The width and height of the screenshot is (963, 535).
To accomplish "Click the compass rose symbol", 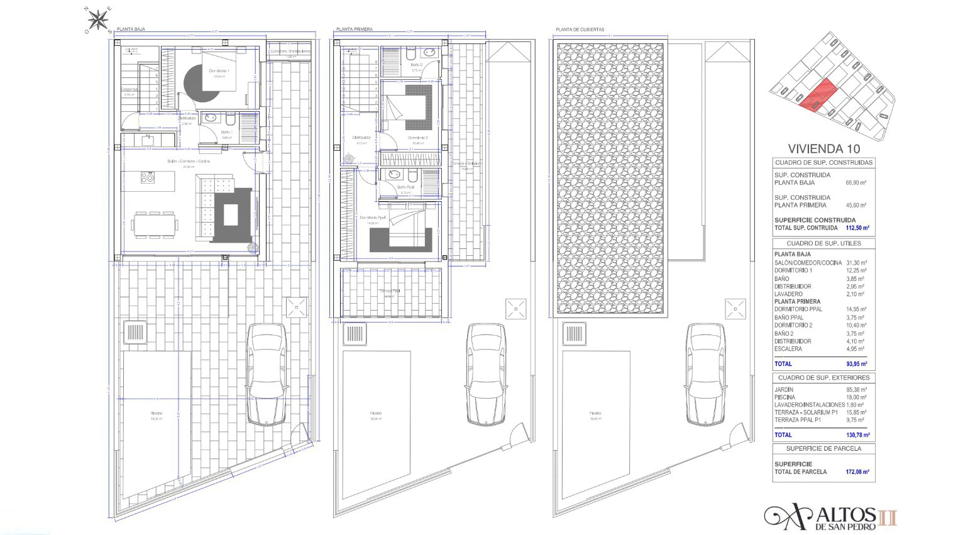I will tap(98, 21).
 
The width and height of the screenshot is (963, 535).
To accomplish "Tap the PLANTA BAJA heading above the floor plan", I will tap(131, 29).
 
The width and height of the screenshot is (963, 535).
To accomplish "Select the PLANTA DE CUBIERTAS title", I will tap(580, 29).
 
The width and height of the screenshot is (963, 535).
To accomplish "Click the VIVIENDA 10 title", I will tap(823, 149).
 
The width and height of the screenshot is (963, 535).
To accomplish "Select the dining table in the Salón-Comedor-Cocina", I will tap(155, 224).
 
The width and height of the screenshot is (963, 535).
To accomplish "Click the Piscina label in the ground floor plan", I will tap(156, 413).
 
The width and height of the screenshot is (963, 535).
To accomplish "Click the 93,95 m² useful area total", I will tap(856, 364).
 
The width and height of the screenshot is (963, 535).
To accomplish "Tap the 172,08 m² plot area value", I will tap(857, 472).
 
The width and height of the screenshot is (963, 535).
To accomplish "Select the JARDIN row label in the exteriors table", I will tap(784, 390).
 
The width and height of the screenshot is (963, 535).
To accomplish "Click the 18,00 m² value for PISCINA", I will tap(856, 397).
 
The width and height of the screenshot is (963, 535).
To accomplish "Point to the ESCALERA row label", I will tap(788, 349).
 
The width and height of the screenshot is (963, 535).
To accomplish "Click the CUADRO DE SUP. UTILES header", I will tap(823, 243).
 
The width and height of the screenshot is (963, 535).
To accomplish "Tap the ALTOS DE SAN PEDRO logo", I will tap(830, 517).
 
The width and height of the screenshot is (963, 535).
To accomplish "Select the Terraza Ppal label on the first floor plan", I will tap(390, 291).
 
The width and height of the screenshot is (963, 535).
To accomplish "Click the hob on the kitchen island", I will tap(148, 178).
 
